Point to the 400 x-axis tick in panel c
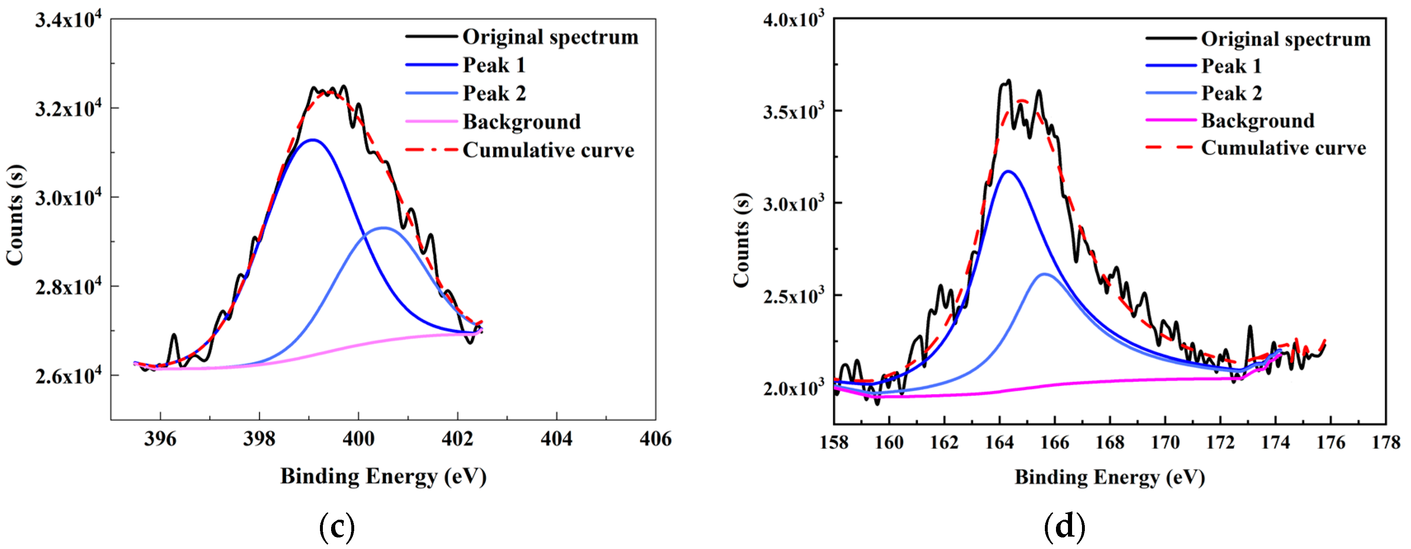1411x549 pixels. point(358,439)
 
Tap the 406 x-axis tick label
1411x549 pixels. point(655,439)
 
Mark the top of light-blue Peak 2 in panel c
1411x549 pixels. point(383,227)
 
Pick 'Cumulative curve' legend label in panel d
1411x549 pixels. point(1283,148)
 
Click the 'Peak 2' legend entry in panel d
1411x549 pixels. point(1231,93)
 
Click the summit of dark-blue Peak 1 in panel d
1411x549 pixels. point(1009,172)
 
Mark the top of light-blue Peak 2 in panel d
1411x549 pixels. point(1045,274)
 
